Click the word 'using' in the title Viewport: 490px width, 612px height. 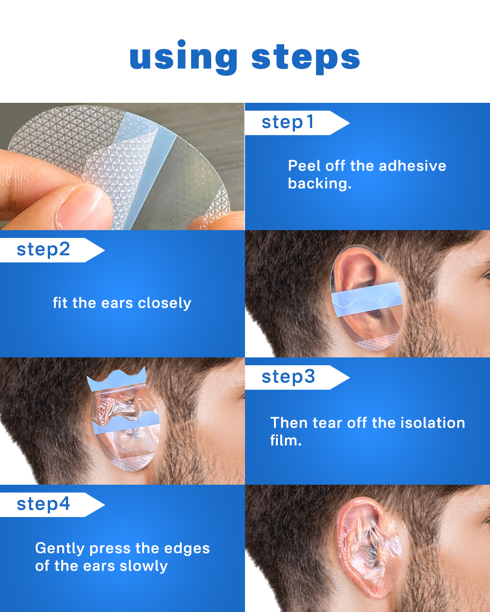click(183, 57)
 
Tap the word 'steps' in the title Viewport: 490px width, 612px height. click(305, 59)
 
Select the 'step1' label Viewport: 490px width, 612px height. click(288, 122)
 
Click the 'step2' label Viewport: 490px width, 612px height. click(43, 250)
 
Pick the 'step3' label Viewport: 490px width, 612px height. click(288, 377)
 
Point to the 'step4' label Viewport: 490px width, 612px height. click(43, 504)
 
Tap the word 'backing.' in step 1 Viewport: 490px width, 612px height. click(319, 184)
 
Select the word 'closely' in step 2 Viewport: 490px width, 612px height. click(165, 303)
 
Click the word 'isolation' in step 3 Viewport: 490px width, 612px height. click(433, 423)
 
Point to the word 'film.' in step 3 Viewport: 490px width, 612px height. click(286, 441)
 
